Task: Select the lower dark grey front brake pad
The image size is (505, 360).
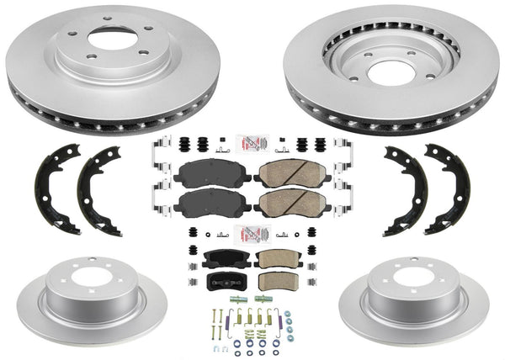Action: pyautogui.click(x=214, y=205)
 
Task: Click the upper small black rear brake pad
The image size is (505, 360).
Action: pyautogui.click(x=222, y=257)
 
